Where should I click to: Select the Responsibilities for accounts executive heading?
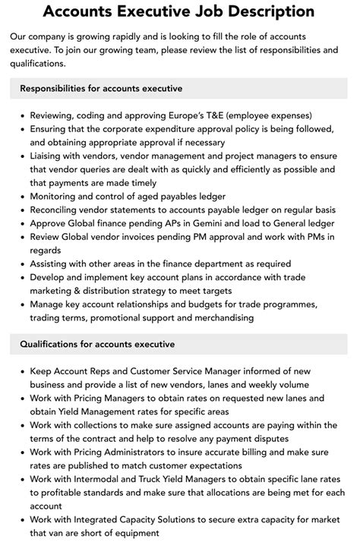click(x=101, y=89)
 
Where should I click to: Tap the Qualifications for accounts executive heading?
click(x=97, y=344)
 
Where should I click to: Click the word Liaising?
click(x=48, y=156)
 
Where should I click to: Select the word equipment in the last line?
click(x=135, y=533)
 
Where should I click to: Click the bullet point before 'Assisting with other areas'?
click(x=21, y=263)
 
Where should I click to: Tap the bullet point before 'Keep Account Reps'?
click(x=21, y=371)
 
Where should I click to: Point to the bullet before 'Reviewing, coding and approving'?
click(x=21, y=116)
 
